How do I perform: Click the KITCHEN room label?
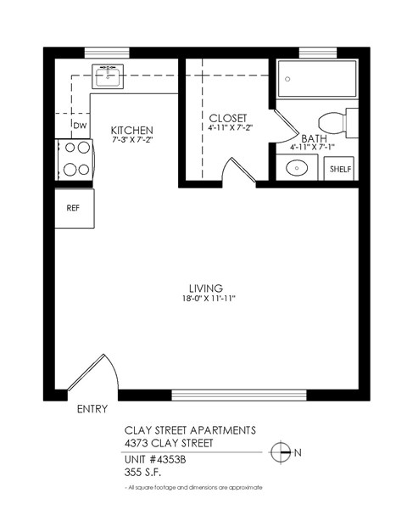tap(131, 130)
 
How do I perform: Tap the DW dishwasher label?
tap(80, 126)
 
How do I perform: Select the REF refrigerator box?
tap(73, 208)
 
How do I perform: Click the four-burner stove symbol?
tap(74, 159)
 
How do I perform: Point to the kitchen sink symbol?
tap(107, 76)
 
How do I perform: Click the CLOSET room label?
tap(227, 117)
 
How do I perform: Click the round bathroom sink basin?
tap(295, 168)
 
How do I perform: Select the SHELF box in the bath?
tap(339, 169)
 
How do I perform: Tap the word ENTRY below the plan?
tap(92, 409)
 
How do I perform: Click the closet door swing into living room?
tap(231, 170)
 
